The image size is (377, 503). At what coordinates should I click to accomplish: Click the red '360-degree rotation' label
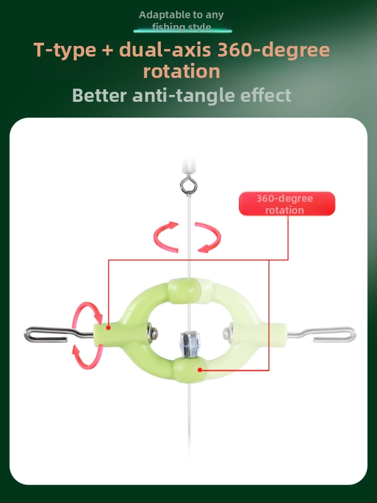tap(287, 204)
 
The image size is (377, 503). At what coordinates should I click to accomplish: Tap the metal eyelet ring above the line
tap(188, 185)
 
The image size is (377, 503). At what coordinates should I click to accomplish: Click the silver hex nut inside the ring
tap(190, 343)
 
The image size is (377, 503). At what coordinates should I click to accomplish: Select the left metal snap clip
tap(58, 334)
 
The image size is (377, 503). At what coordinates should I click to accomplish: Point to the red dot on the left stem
tap(108, 328)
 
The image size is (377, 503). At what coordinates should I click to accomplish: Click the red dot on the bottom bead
tap(200, 370)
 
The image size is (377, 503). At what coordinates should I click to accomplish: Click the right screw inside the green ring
tap(228, 332)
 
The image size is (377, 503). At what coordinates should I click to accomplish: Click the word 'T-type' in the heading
tap(65, 50)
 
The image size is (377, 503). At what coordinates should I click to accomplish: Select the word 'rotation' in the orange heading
tap(182, 71)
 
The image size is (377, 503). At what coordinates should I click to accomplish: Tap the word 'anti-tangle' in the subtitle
tap(183, 96)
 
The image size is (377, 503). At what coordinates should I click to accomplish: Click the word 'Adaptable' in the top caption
tap(160, 15)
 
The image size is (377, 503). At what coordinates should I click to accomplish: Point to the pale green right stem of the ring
tap(277, 332)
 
